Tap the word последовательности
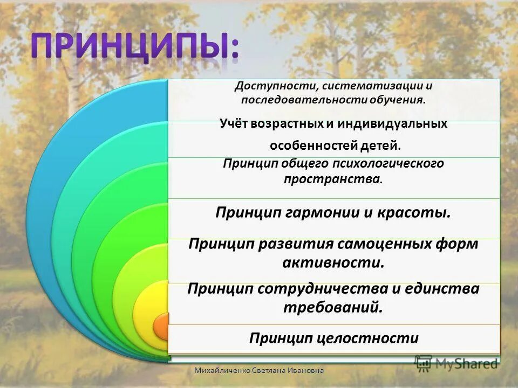pyautogui.click(x=303, y=100)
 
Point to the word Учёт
pyautogui.click(x=235, y=123)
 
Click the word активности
pyautogui.click(x=333, y=263)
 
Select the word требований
pyautogui.click(x=333, y=307)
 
